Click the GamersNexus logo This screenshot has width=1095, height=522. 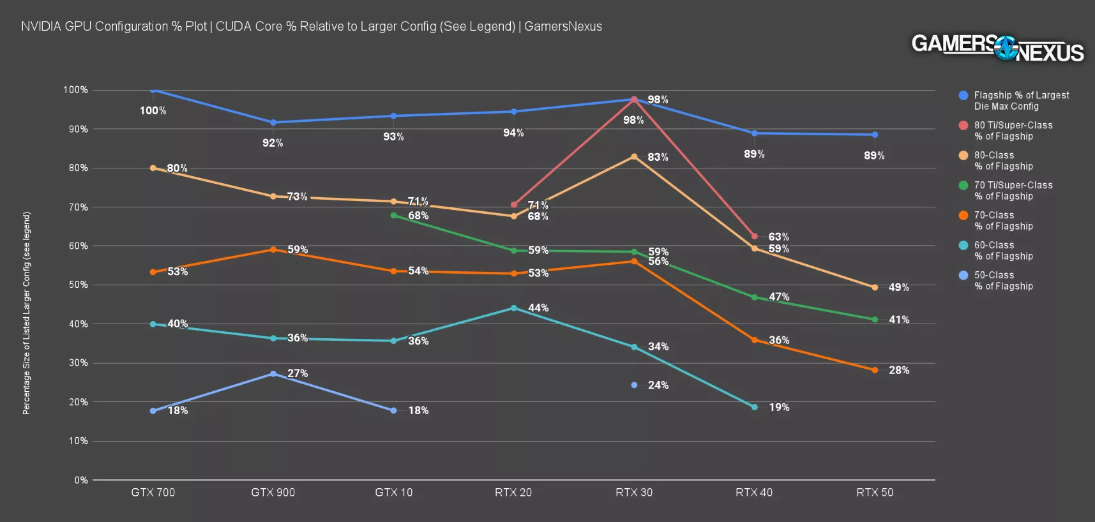coord(997,47)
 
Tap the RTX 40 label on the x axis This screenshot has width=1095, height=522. coord(754,493)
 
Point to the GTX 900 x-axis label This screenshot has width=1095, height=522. coord(273,493)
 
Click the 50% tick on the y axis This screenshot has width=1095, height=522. coord(79,285)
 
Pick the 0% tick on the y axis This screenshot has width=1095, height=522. coord(81,480)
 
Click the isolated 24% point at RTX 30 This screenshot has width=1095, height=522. coord(634,385)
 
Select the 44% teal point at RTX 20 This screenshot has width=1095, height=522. coord(514,308)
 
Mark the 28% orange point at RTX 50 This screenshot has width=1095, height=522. coord(875,370)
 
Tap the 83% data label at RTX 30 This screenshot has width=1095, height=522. coord(658,157)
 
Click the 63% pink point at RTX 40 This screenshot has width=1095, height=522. coord(755,236)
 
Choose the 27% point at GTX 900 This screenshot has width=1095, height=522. coord(273,374)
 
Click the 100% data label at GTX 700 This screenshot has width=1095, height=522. coord(153,111)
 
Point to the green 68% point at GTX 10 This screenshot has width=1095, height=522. coord(393,216)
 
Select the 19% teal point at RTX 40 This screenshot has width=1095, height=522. coord(755,407)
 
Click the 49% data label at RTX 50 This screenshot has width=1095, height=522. coord(898,288)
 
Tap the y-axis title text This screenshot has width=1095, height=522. coord(26,313)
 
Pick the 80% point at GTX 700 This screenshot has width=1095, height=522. coord(153,168)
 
